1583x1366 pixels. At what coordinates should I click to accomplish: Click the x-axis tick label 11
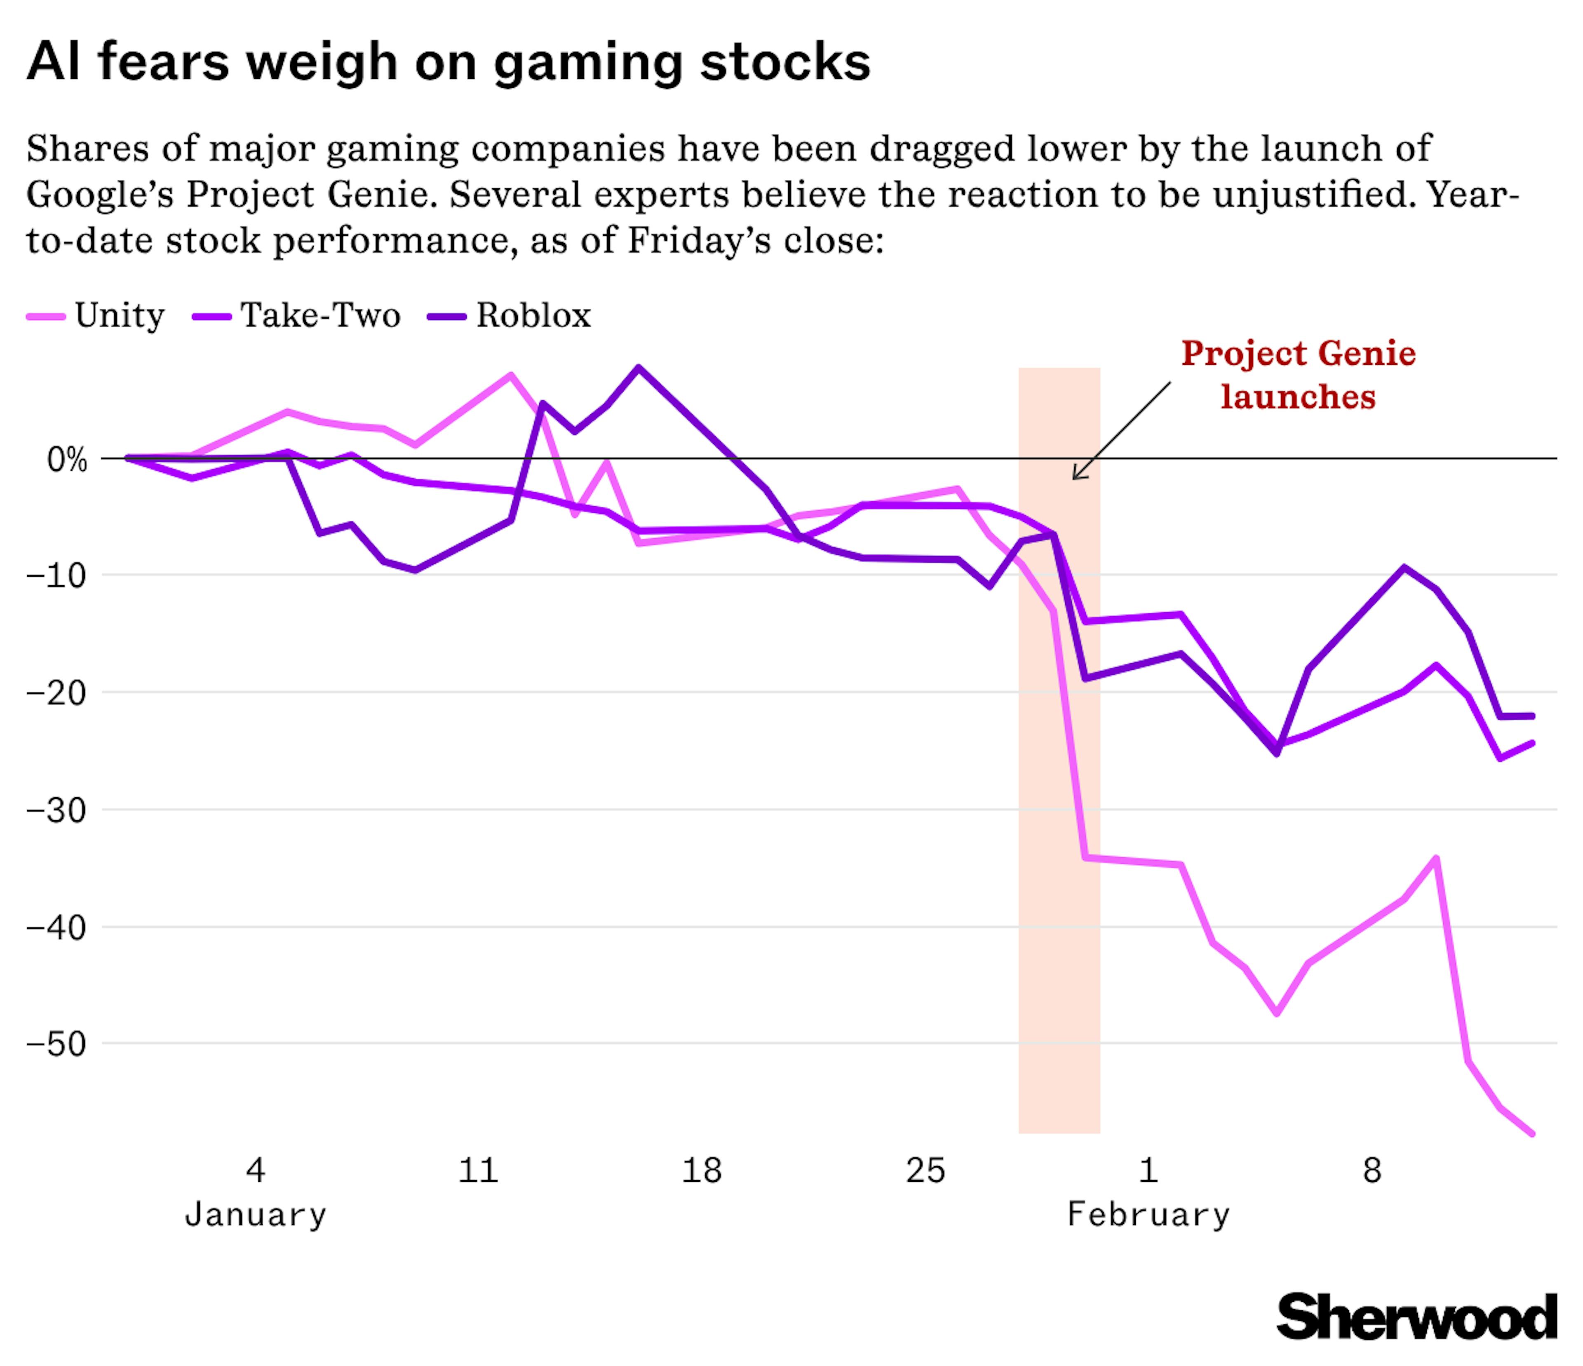pyautogui.click(x=478, y=1171)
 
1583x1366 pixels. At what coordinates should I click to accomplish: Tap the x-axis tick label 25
pyautogui.click(x=925, y=1171)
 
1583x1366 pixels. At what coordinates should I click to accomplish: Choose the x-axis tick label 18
pyautogui.click(x=701, y=1171)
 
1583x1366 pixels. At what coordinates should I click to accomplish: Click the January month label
pyautogui.click(x=255, y=1215)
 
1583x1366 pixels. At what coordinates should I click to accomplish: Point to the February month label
pyautogui.click(x=1148, y=1215)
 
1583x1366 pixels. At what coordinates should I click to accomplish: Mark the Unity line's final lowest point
pyautogui.click(x=1532, y=1134)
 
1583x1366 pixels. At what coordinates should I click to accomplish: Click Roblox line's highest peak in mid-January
pyautogui.click(x=639, y=368)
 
